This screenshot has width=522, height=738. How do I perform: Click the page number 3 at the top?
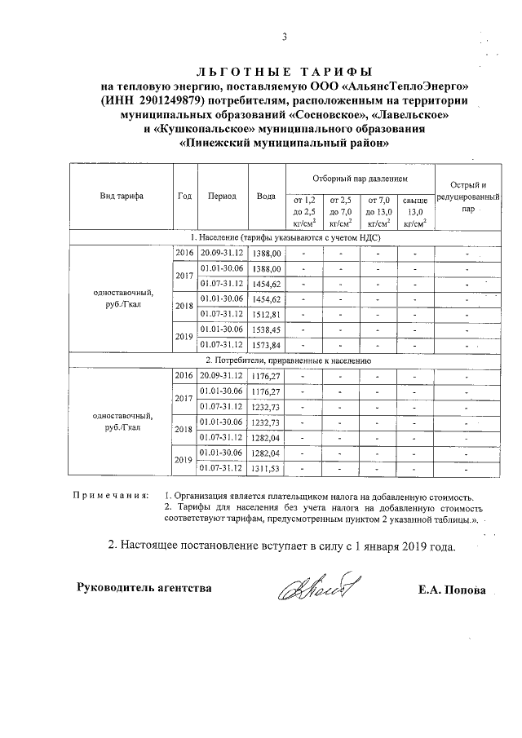pyautogui.click(x=285, y=37)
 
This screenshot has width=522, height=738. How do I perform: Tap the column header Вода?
pyautogui.click(x=266, y=197)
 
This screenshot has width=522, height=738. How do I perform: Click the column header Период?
pyautogui.click(x=222, y=197)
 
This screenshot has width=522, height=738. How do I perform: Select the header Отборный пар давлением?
pyautogui.click(x=360, y=177)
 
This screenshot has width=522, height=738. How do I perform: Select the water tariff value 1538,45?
pyautogui.click(x=266, y=329)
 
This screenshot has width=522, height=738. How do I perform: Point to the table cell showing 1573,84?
pyautogui.click(x=266, y=345)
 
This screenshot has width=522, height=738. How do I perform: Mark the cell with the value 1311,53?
pyautogui.click(x=266, y=468)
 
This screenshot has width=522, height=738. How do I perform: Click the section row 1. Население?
pyautogui.click(x=285, y=237)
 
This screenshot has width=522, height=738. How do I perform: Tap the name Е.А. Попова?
pyautogui.click(x=450, y=589)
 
